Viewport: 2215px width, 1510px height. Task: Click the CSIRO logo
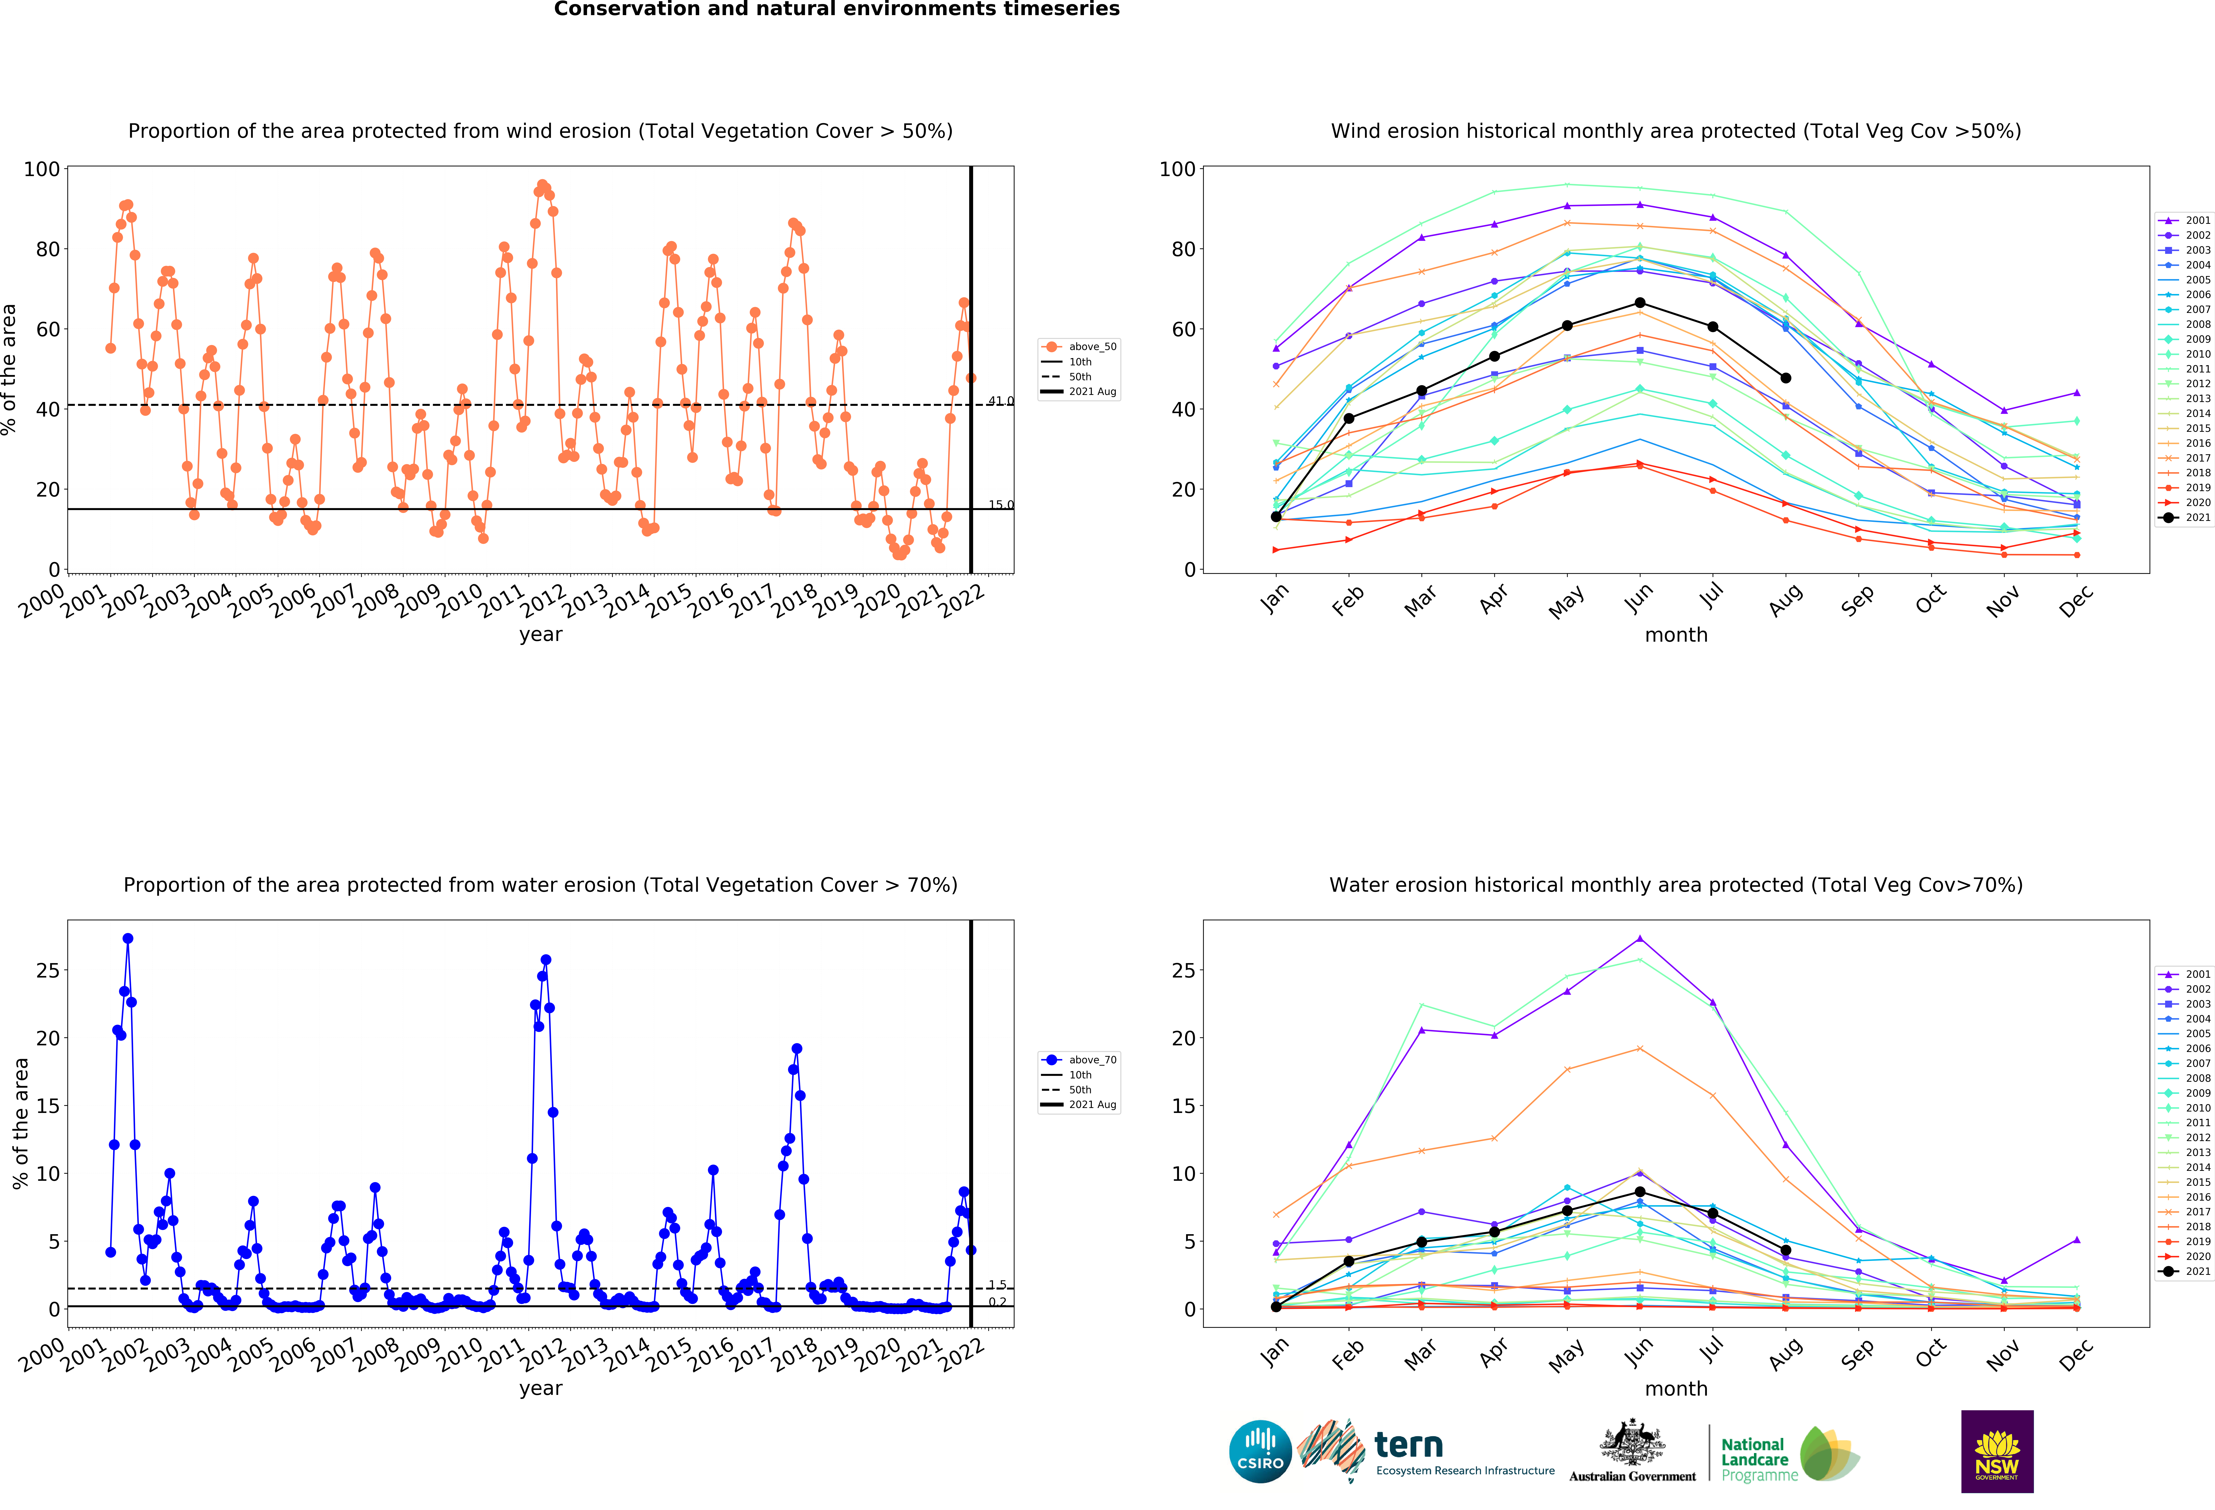point(1260,1452)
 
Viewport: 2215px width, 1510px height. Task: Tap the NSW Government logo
point(1997,1451)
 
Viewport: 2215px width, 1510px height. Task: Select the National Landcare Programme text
point(1759,1459)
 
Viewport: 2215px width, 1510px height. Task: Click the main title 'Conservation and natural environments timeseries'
point(837,9)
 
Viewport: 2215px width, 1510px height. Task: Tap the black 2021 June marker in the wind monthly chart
point(1639,303)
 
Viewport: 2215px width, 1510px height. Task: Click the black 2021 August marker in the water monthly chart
point(1785,1250)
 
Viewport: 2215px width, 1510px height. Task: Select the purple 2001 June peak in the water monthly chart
point(1639,938)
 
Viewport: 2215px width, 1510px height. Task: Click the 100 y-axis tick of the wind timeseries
point(42,169)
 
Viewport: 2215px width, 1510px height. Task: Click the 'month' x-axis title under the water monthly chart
point(1675,1389)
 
